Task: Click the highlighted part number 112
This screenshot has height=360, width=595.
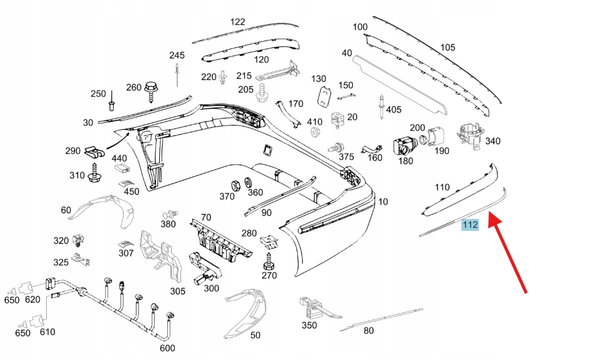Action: pyautogui.click(x=470, y=225)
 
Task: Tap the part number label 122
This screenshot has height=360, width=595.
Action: pyautogui.click(x=238, y=22)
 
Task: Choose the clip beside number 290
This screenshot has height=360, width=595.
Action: pyautogui.click(x=93, y=151)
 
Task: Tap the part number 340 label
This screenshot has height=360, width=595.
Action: pyautogui.click(x=493, y=141)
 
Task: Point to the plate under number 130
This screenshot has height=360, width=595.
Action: pyautogui.click(x=323, y=97)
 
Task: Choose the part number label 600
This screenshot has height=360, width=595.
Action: pyautogui.click(x=167, y=348)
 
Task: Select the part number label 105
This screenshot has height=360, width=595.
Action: pyautogui.click(x=448, y=47)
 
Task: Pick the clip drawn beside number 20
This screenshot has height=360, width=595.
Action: pyautogui.click(x=338, y=117)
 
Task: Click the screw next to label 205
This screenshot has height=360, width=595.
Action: pyautogui.click(x=262, y=91)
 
